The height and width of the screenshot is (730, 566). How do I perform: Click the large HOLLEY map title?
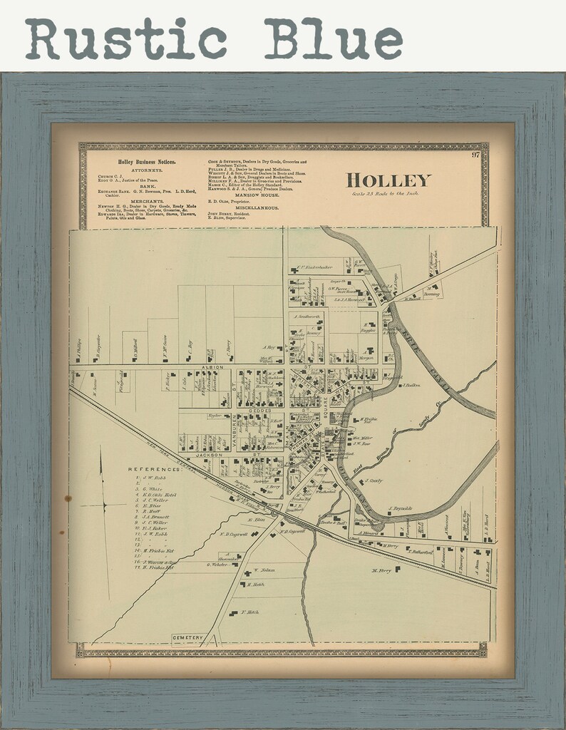pyautogui.click(x=380, y=179)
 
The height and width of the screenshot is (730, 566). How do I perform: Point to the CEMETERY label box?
pyautogui.click(x=187, y=637)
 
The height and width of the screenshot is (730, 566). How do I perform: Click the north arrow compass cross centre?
pyautogui.click(x=104, y=505)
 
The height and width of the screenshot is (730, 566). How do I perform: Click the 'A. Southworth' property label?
pyautogui.click(x=307, y=314)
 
